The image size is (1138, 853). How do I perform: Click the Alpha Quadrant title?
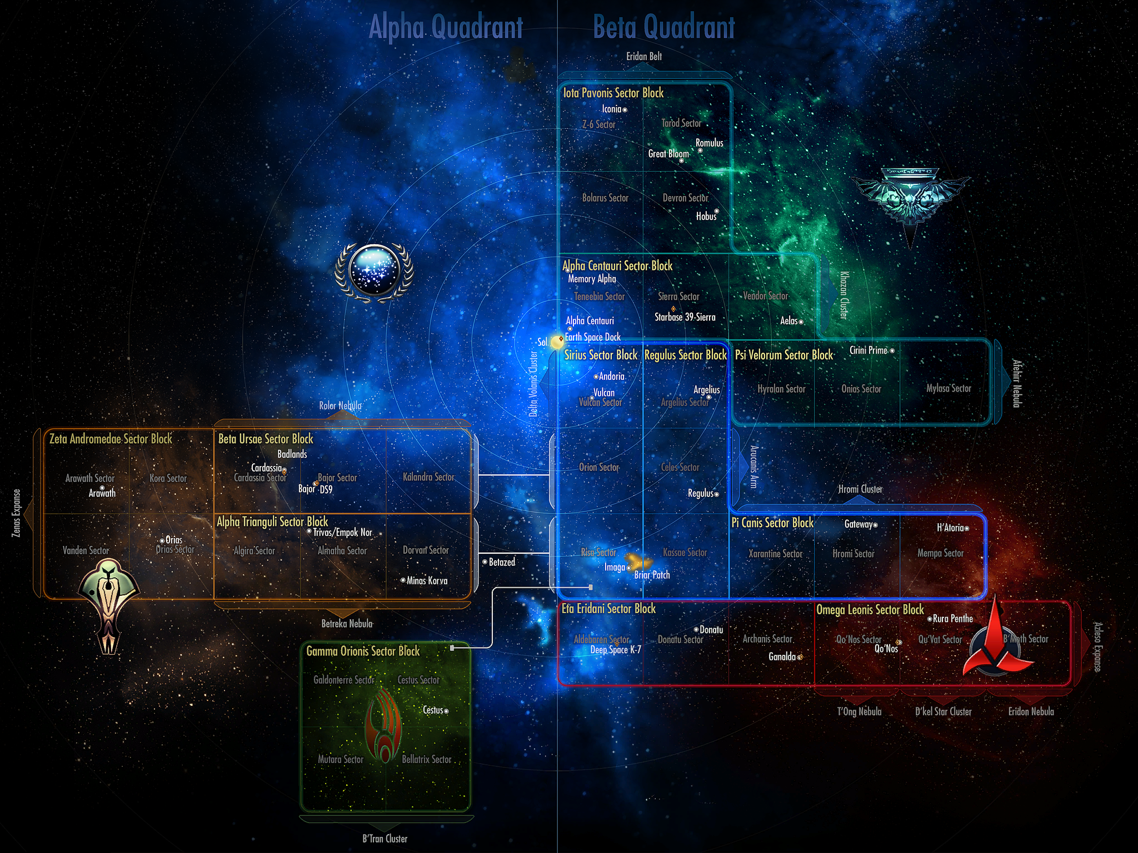[x=446, y=27]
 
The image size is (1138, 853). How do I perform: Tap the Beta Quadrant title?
[x=663, y=27]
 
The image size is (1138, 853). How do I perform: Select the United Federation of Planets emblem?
[x=374, y=272]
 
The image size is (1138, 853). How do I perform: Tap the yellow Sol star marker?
[x=557, y=342]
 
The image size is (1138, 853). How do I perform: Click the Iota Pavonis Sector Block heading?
[x=613, y=93]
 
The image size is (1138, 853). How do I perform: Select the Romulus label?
[x=709, y=143]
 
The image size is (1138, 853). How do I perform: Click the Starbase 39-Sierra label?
[x=685, y=317]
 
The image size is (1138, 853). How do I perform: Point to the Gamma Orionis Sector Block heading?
[x=363, y=651]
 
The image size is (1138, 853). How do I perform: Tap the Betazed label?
[x=501, y=562]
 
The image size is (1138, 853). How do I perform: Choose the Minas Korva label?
[x=426, y=580]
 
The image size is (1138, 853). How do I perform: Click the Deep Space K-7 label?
[x=615, y=650]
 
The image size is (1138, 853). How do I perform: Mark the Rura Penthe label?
[x=952, y=619]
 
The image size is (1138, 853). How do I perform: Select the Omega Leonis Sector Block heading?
[x=870, y=610]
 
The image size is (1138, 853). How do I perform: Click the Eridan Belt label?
[x=643, y=56]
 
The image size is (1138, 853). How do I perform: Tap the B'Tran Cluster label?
[x=385, y=839]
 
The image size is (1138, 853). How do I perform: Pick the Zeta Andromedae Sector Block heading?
[x=111, y=439]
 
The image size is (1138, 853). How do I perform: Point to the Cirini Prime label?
[x=869, y=350]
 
